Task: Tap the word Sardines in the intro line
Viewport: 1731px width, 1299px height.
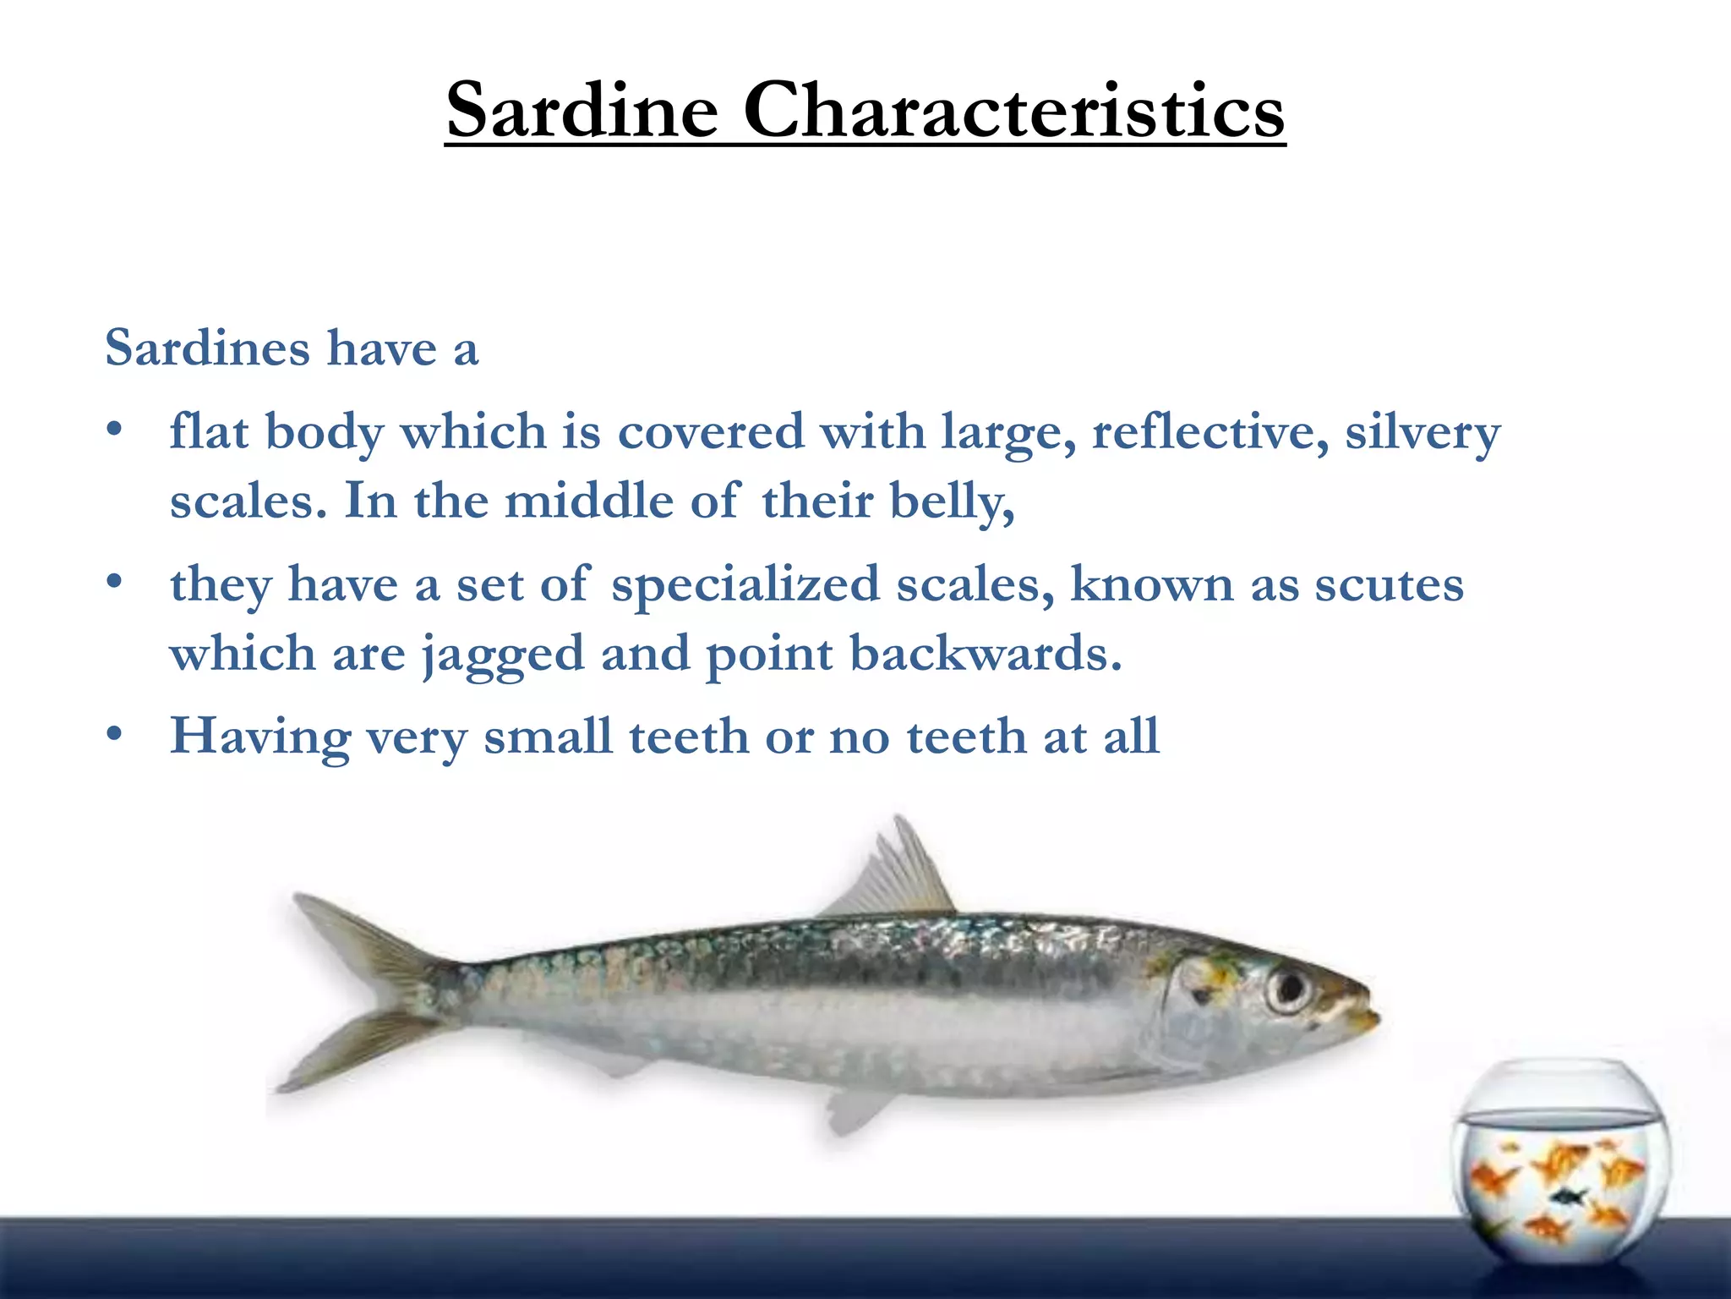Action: point(207,348)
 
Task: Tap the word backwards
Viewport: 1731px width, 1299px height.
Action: point(985,653)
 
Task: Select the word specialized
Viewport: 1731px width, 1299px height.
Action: point(745,586)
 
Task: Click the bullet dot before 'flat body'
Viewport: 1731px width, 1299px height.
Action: point(116,431)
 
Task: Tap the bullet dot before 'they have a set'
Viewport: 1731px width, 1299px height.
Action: point(116,584)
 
